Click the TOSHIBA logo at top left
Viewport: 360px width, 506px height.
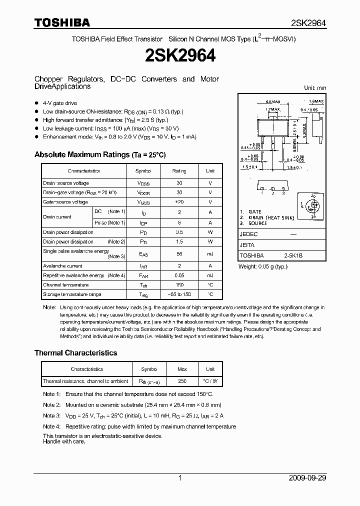pyautogui.click(x=62, y=22)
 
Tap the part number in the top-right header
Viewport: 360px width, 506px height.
pyautogui.click(x=308, y=23)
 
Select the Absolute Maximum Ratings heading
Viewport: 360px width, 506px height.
pyautogui.click(x=100, y=155)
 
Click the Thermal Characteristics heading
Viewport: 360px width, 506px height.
pyautogui.click(x=75, y=353)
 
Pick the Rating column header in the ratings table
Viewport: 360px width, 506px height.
pyautogui.click(x=179, y=171)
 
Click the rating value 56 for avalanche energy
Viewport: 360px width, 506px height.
pyautogui.click(x=179, y=254)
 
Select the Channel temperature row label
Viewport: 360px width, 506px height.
pyautogui.click(x=65, y=285)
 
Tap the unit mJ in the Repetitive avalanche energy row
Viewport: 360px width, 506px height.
pyautogui.click(x=210, y=275)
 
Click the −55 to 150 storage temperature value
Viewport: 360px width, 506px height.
pyautogui.click(x=179, y=294)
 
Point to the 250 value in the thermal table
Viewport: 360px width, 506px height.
pyautogui.click(x=182, y=381)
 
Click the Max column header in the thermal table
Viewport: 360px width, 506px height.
pyautogui.click(x=182, y=369)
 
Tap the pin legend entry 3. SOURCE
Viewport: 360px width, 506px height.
pyautogui.click(x=255, y=223)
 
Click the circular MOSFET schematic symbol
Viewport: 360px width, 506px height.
pyautogui.click(x=313, y=205)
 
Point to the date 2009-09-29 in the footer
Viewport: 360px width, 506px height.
pyautogui.click(x=307, y=478)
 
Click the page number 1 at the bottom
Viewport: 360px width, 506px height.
pyautogui.click(x=180, y=478)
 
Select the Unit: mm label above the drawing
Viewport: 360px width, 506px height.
pyautogui.click(x=315, y=88)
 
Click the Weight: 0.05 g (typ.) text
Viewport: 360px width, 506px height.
pyautogui.click(x=263, y=266)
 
